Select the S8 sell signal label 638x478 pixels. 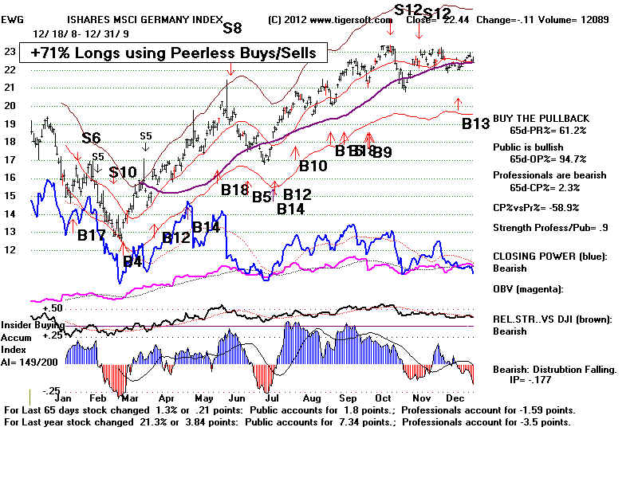[x=232, y=28]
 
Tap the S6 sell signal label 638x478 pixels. [x=91, y=138]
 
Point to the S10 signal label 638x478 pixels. [x=123, y=172]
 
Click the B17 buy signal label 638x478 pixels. [x=91, y=236]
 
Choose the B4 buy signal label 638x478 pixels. [x=132, y=261]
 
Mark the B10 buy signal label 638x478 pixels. [x=313, y=166]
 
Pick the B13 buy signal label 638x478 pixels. [x=475, y=124]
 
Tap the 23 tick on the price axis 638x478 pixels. [x=10, y=51]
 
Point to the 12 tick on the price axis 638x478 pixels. [x=10, y=249]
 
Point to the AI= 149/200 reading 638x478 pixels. [x=34, y=370]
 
